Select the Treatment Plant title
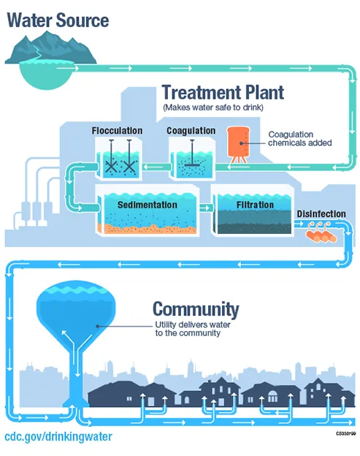222,93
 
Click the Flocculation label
117,131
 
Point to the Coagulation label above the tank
191,131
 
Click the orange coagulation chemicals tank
238,143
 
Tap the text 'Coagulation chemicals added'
299,139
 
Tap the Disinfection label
321,214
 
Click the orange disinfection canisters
321,235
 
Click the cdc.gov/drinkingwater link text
58,437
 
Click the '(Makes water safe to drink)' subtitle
212,107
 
